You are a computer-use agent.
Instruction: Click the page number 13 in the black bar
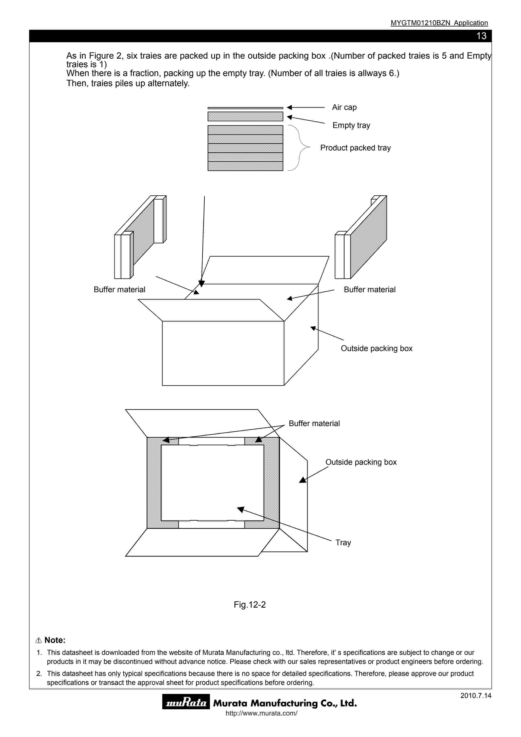coord(481,36)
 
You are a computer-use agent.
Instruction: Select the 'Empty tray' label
coord(351,125)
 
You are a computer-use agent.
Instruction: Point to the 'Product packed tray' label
coord(355,148)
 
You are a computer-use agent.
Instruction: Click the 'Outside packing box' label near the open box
coord(377,348)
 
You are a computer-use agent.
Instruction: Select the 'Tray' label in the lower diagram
coord(343,542)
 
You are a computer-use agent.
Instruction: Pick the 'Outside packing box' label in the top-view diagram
coord(361,462)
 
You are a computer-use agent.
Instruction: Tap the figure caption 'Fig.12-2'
coord(250,605)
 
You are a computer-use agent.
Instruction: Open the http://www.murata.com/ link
coord(261,713)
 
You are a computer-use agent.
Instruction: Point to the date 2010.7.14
coord(476,696)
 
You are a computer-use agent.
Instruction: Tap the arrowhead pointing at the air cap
coord(289,108)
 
